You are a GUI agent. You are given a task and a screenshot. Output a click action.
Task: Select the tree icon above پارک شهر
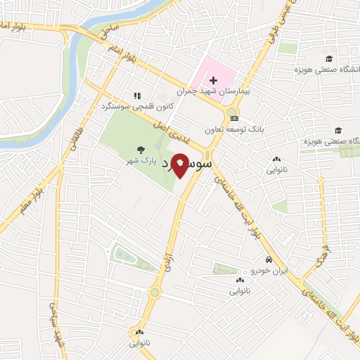tap(141, 149)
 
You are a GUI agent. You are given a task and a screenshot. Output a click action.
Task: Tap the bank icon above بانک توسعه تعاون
tap(235, 118)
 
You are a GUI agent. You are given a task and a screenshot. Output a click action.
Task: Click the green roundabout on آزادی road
tap(155, 292)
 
